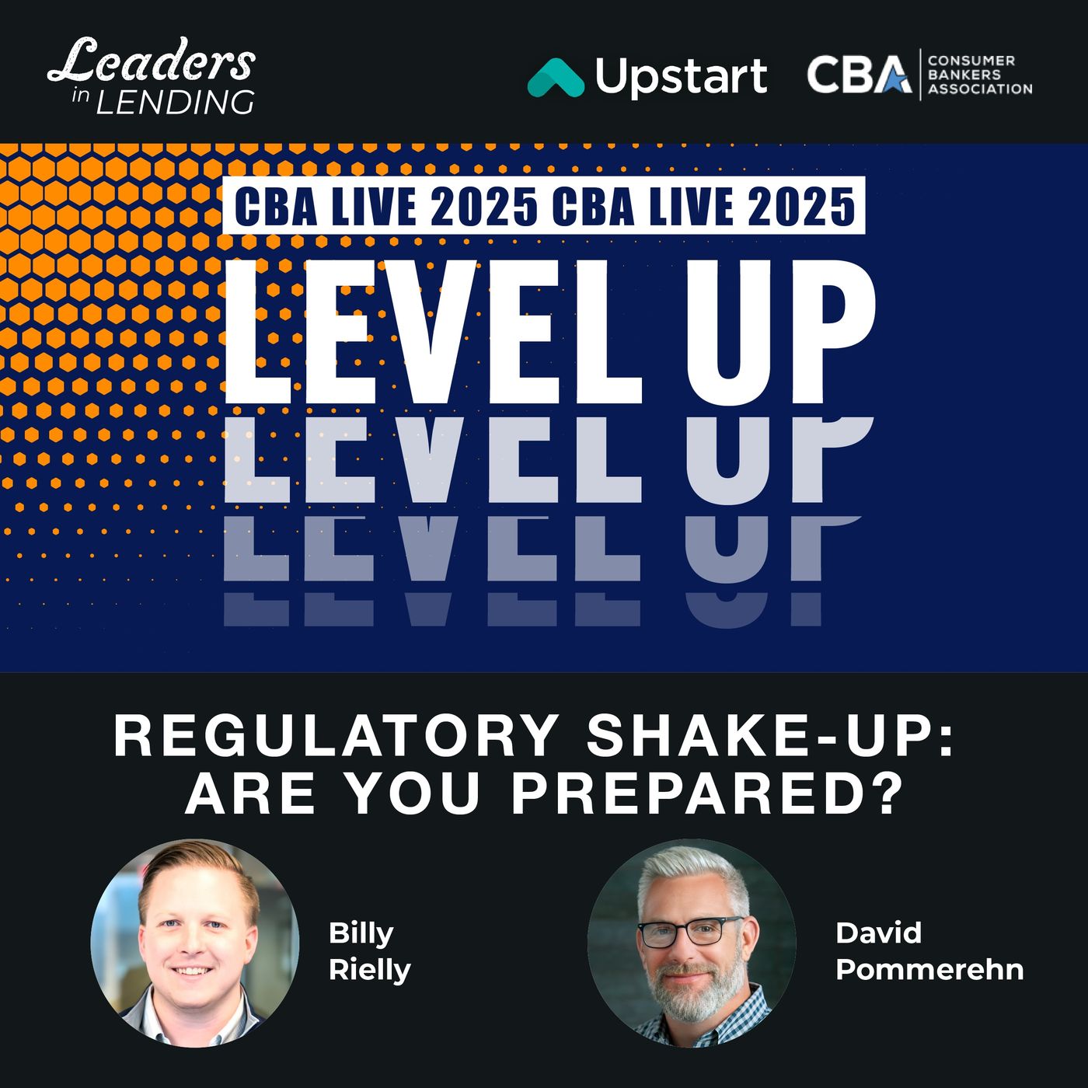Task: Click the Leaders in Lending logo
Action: [152, 75]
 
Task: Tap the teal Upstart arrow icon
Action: [556, 78]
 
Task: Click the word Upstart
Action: [681, 78]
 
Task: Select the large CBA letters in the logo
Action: [859, 74]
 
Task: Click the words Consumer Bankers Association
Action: [980, 75]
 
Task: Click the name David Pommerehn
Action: [929, 951]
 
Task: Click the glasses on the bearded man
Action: [690, 932]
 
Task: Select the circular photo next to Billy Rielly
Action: [195, 943]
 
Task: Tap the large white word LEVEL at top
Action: [434, 331]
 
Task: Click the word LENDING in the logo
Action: [175, 103]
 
